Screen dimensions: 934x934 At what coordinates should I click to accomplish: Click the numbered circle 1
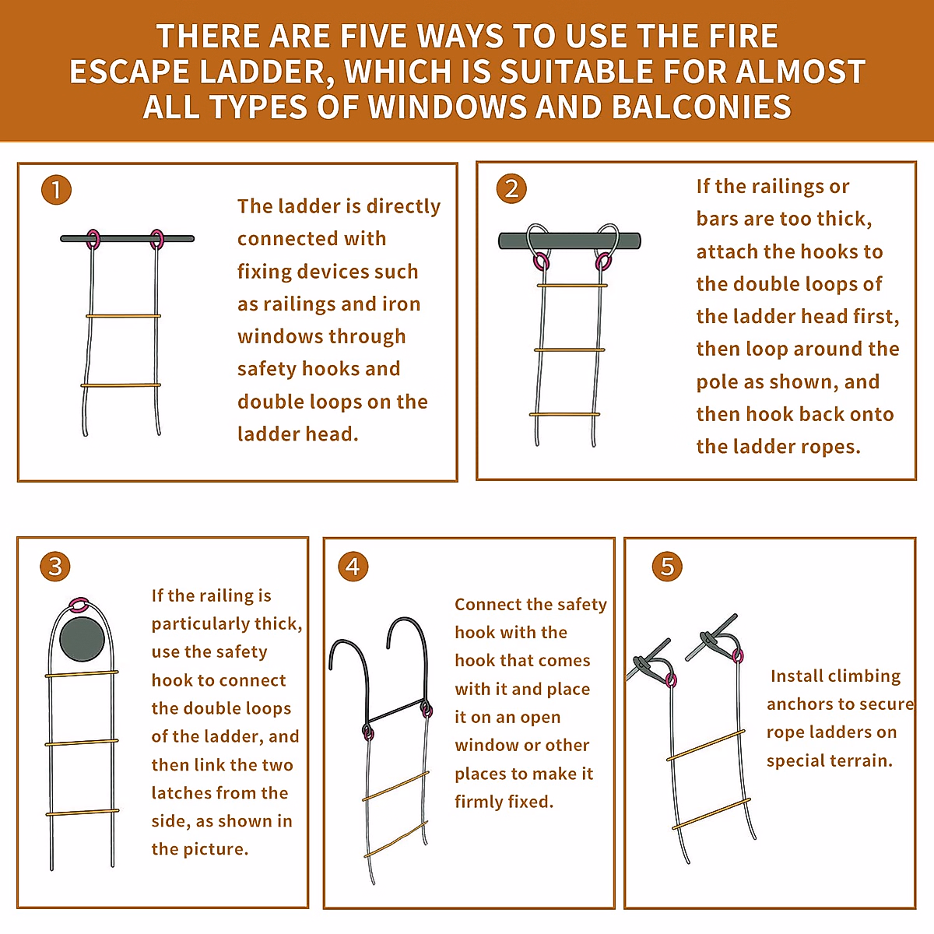tap(56, 189)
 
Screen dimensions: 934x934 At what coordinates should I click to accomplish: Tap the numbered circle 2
tap(511, 188)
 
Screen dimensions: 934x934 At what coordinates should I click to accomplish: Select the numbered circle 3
tap(55, 566)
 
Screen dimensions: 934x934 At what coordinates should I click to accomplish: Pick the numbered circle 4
tap(353, 566)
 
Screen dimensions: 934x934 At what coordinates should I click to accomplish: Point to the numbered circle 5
tap(667, 566)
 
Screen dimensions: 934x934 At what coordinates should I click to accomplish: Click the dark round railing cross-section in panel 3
tap(82, 639)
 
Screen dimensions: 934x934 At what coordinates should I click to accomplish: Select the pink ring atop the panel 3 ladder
tap(79, 606)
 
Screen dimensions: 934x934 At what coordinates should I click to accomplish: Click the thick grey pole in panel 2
tap(570, 241)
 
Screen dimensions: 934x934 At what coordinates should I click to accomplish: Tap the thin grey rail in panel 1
tap(127, 238)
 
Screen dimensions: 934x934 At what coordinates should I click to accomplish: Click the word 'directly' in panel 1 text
tap(403, 207)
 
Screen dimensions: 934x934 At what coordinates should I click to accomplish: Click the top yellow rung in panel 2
tap(572, 286)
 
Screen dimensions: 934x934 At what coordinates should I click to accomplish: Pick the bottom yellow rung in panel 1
tap(121, 385)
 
